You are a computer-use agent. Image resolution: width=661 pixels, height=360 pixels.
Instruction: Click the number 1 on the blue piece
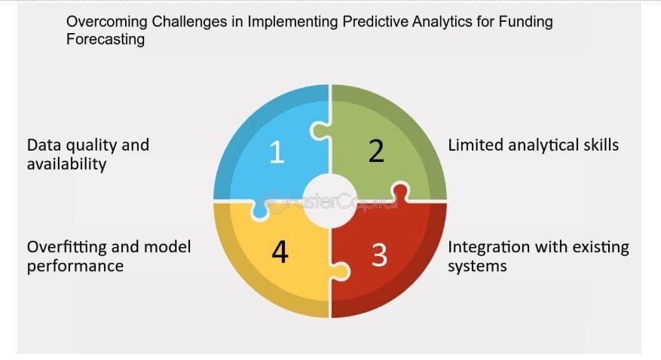pos(277,152)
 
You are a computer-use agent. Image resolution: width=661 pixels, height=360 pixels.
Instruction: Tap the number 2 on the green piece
pos(376,151)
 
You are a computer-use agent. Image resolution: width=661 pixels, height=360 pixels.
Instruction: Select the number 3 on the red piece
pos(379,255)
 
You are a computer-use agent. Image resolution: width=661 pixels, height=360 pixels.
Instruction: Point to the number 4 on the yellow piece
pos(280,252)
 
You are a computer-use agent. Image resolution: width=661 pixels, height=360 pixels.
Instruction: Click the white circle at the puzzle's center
pos(330,201)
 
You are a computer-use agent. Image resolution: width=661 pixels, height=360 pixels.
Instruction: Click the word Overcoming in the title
pos(107,22)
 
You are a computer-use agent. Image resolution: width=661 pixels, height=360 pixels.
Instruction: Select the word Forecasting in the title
pos(106,39)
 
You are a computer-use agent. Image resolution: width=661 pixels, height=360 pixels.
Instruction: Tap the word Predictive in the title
pos(375,22)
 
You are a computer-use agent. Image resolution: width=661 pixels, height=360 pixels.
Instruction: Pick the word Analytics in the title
pos(442,22)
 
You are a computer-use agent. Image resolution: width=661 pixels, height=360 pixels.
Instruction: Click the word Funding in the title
pos(525,22)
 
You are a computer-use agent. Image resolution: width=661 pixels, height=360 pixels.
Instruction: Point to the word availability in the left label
pos(66,163)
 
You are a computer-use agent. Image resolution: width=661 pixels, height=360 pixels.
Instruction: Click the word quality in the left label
pos(88,145)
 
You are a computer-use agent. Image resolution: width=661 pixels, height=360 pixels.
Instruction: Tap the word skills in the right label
pos(601,145)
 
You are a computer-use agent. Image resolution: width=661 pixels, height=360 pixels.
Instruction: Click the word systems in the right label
pos(477,266)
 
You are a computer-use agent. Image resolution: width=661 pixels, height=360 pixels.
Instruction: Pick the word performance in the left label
pos(75,266)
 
